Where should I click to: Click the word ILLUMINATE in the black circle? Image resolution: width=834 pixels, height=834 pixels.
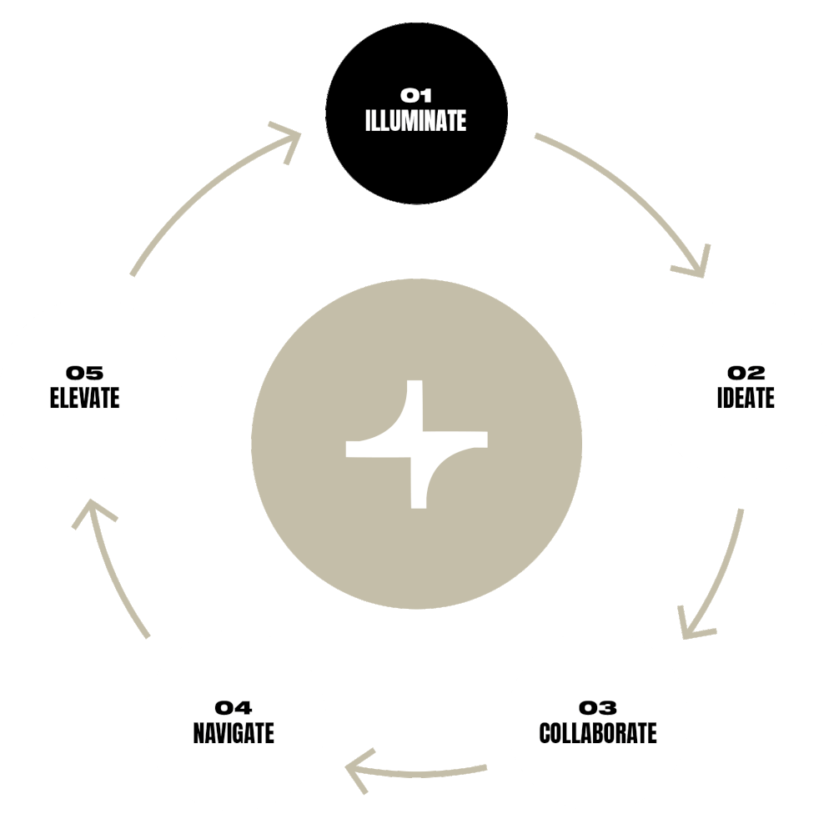415,120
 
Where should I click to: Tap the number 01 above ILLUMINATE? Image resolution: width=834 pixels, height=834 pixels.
415,96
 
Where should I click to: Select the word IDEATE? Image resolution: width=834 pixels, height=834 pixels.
745,398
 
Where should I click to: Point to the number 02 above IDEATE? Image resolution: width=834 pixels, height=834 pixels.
746,373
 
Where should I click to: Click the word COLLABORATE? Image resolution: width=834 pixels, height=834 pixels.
598,733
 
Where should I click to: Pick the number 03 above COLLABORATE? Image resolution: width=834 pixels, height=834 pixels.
598,708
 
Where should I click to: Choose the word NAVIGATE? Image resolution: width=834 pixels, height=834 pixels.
234,733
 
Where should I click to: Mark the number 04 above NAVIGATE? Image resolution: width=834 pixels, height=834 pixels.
234,708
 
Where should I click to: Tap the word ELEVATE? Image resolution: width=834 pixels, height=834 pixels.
84,398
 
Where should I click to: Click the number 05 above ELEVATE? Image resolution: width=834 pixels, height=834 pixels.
84,373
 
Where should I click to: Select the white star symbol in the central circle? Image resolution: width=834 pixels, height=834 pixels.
416,445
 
